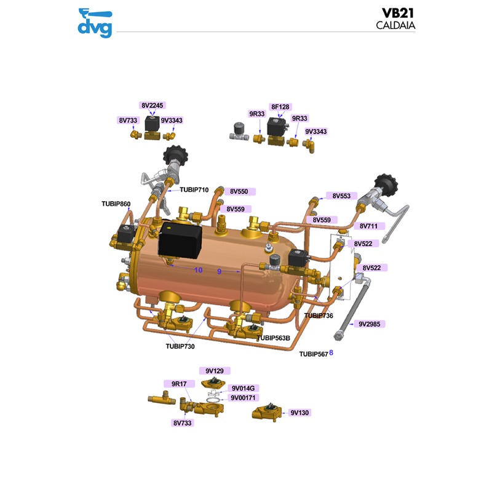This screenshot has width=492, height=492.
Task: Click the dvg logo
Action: coord(95,23)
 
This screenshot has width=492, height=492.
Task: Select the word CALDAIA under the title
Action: coord(395,25)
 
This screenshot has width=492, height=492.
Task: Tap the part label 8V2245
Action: coord(153,106)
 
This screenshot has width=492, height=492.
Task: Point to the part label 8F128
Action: coord(280,107)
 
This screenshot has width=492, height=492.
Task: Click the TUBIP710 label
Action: coord(194,190)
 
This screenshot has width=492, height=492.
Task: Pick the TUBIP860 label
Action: coord(116,204)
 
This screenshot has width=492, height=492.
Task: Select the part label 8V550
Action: coord(239,192)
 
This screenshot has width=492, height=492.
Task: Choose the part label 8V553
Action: coord(341,196)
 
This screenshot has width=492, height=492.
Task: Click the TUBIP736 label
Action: coord(319,315)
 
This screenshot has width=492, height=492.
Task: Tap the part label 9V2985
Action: coord(370,323)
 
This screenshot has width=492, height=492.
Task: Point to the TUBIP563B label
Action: coord(274,338)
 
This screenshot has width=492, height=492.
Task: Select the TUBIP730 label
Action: coord(180,346)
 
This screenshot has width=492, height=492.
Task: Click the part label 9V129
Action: coord(214,371)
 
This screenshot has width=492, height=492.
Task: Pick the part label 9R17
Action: coord(179,384)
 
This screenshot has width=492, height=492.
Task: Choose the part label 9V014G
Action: coord(242,388)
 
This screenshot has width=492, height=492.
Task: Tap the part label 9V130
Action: coord(299,413)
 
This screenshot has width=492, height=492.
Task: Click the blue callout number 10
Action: coord(198,270)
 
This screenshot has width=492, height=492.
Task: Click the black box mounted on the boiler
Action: coord(180,243)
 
